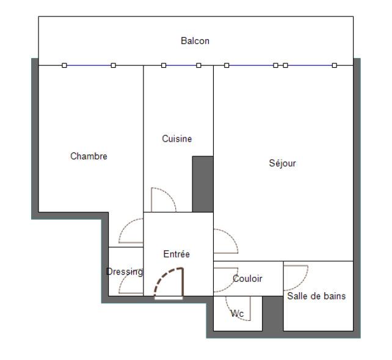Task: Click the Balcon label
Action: (x=195, y=41)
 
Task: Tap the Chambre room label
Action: (x=89, y=156)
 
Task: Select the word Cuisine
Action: (x=176, y=139)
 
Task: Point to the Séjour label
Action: (x=282, y=163)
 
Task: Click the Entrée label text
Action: (x=176, y=254)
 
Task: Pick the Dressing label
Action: (x=125, y=272)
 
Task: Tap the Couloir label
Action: (x=247, y=279)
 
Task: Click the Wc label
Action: (x=237, y=313)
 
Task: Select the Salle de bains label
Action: (x=316, y=296)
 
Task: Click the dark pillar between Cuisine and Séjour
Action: (x=203, y=184)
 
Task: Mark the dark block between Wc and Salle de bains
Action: (x=273, y=314)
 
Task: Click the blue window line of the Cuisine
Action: (x=181, y=65)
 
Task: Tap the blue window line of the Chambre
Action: (x=89, y=65)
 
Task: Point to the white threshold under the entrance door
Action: (x=169, y=298)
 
